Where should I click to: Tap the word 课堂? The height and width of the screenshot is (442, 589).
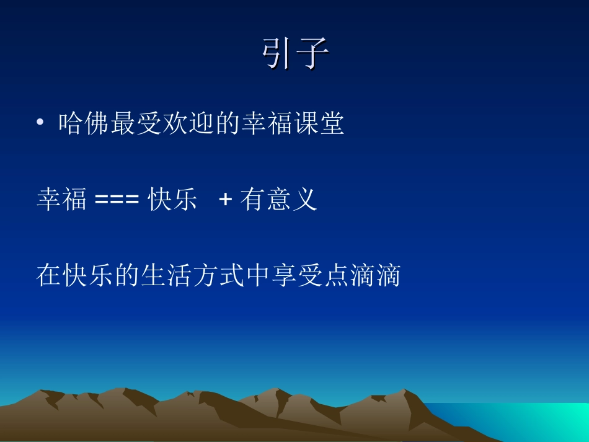point(319,125)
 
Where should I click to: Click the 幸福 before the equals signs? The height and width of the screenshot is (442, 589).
point(62,200)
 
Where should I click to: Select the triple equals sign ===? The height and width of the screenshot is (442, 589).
point(117,201)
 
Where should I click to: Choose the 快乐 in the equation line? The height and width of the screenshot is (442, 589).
point(173,200)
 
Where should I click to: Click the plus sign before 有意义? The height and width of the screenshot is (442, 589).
point(226,201)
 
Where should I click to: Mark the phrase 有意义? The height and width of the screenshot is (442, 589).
point(279,200)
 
